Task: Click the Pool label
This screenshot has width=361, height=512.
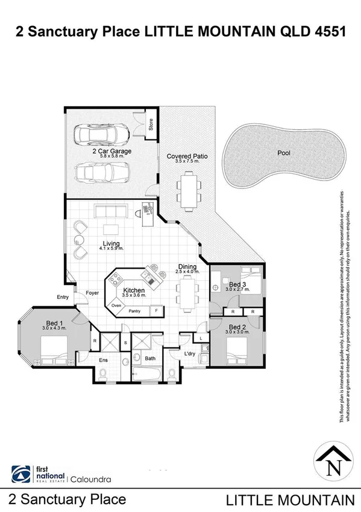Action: (283, 153)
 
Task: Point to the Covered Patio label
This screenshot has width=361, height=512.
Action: (187, 156)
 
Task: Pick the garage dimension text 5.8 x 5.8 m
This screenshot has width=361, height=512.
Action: (111, 156)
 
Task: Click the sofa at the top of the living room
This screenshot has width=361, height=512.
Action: (110, 211)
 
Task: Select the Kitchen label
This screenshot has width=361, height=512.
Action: (134, 291)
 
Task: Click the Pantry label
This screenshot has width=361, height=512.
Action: (134, 311)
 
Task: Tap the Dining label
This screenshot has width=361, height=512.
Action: (187, 266)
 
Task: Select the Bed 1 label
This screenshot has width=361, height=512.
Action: (52, 323)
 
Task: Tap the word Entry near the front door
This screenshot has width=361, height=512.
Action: (63, 296)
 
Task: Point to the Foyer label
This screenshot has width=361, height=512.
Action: (92, 292)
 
